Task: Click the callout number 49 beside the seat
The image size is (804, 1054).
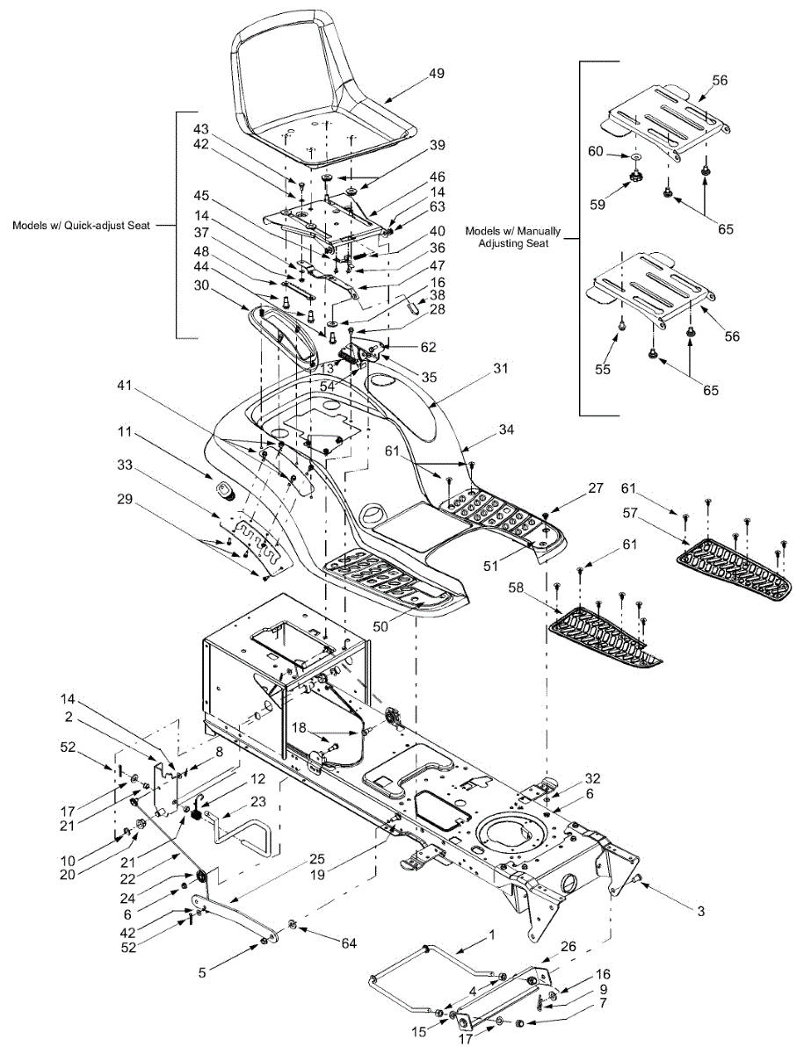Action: [x=437, y=74]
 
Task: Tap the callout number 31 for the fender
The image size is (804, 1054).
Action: [x=501, y=368]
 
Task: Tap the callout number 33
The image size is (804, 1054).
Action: [x=125, y=466]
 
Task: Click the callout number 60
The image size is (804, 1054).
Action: [x=596, y=151]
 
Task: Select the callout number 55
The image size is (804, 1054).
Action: [x=603, y=369]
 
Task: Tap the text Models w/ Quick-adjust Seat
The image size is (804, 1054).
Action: [x=81, y=225]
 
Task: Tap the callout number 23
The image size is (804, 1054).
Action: [x=258, y=801]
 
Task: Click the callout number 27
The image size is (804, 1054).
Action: [x=596, y=487]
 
